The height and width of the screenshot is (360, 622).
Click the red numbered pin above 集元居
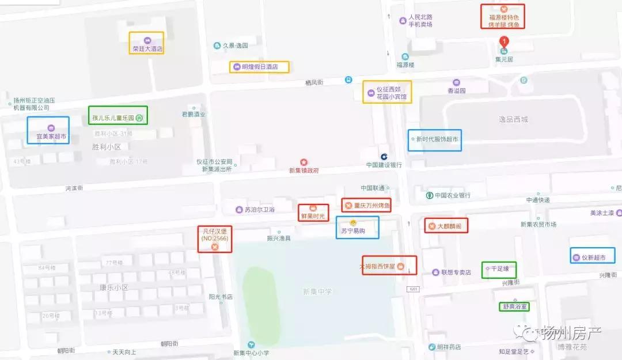pos(505,41)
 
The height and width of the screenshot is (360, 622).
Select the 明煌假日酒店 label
pos(259,67)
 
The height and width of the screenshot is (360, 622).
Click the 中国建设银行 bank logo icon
pos(384,156)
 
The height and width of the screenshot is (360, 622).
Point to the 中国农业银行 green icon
pos(430,195)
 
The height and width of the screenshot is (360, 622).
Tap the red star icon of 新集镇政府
pos(304,162)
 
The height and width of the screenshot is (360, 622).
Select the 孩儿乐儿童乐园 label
pos(118,118)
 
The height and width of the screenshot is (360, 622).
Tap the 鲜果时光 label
pos(313,213)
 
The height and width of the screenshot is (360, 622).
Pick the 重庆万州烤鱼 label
pos(366,205)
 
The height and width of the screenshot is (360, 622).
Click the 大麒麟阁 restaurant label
pos(446,225)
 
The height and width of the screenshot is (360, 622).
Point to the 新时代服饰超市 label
pos(435,139)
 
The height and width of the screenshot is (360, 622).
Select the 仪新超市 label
pos(593,257)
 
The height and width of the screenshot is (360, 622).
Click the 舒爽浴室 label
pos(514,307)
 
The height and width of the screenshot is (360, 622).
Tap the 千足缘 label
pos(499,268)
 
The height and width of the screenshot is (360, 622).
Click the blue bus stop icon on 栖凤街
pos(348,79)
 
